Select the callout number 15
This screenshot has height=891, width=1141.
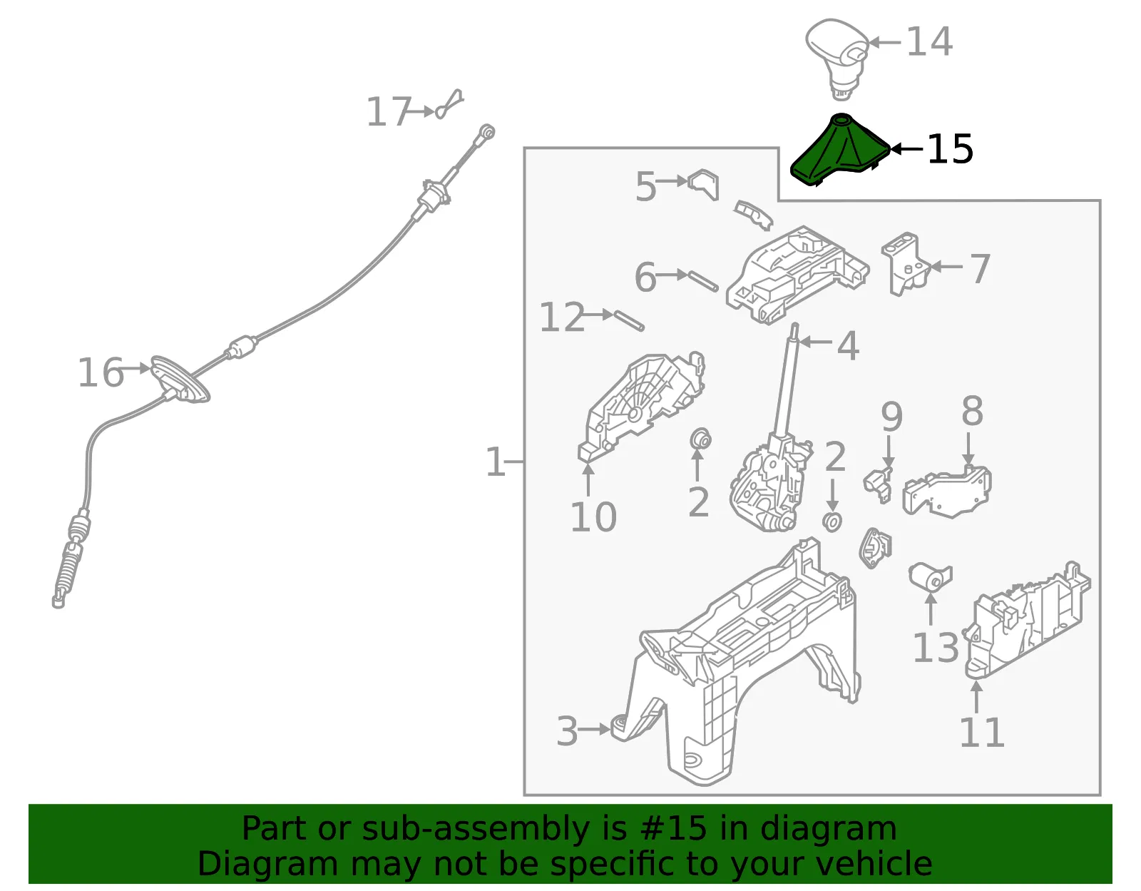tap(950, 149)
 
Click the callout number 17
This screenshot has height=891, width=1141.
tap(388, 112)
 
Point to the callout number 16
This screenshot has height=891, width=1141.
tap(101, 372)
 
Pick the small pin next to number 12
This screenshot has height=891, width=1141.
tap(628, 320)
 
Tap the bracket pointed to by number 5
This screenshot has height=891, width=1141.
tap(704, 184)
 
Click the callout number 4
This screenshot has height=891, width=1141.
tap(848, 346)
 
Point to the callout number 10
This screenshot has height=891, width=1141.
tap(593, 517)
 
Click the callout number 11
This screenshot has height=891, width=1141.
tap(981, 732)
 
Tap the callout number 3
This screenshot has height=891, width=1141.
tap(567, 730)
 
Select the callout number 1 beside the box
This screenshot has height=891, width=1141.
tap(495, 462)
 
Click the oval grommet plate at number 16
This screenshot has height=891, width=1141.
tap(180, 379)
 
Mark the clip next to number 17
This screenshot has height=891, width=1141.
tap(449, 104)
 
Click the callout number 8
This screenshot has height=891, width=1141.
tap(972, 411)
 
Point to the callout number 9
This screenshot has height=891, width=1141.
tap(891, 417)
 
